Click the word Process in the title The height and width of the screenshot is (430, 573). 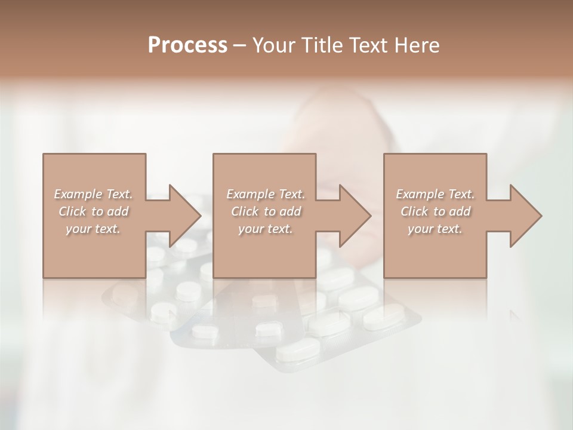[187, 45]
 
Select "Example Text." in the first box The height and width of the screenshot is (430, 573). [94, 194]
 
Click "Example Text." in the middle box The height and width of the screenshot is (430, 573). [266, 194]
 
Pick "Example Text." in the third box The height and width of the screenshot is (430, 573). [435, 194]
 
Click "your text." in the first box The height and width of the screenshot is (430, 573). [94, 229]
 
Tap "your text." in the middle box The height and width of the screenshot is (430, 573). [266, 229]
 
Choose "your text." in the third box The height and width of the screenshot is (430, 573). [435, 229]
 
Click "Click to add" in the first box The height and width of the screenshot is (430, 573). [94, 211]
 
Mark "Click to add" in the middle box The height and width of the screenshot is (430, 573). [266, 211]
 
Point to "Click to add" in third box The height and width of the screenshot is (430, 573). [435, 211]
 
